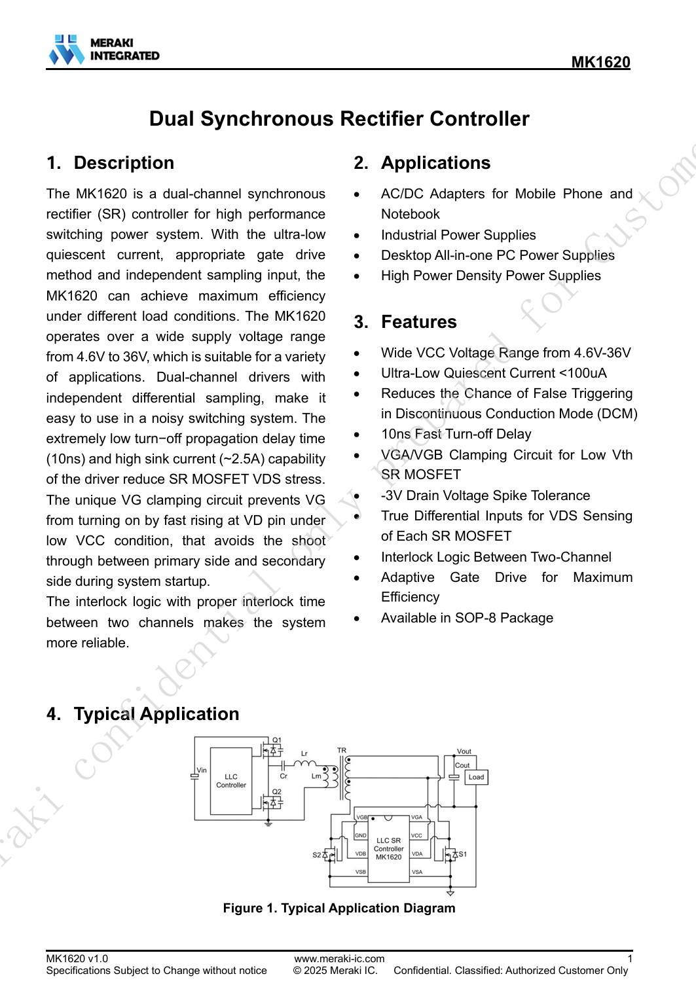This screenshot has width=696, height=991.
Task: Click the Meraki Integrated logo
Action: pyautogui.click(x=103, y=50)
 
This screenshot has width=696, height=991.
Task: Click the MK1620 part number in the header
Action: pyautogui.click(x=600, y=62)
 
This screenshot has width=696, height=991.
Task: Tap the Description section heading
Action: pyautogui.click(x=124, y=162)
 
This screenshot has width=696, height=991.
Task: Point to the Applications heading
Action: pyautogui.click(x=435, y=162)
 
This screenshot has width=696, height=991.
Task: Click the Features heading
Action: pyautogui.click(x=418, y=321)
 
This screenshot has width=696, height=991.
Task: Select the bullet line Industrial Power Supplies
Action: pyautogui.click(x=458, y=235)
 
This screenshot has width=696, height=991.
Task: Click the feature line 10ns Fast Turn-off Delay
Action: pyautogui.click(x=456, y=434)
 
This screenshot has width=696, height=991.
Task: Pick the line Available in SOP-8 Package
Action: pyautogui.click(x=467, y=618)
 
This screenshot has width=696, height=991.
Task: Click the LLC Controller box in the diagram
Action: pyautogui.click(x=231, y=781)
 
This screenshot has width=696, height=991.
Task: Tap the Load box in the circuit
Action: pyautogui.click(x=476, y=777)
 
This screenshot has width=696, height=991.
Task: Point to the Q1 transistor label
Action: pyautogui.click(x=277, y=740)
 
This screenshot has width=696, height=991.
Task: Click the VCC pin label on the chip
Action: pyautogui.click(x=417, y=836)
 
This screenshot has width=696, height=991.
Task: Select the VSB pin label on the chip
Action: pyautogui.click(x=361, y=872)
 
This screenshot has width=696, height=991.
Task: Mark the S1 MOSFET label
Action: pyautogui.click(x=462, y=854)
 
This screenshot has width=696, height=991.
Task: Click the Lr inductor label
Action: pyautogui.click(x=304, y=753)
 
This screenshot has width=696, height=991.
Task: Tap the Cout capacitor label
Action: pyautogui.click(x=462, y=765)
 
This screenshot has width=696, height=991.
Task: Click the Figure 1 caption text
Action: pyautogui.click(x=339, y=908)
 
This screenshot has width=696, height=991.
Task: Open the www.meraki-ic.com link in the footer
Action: pyautogui.click(x=339, y=959)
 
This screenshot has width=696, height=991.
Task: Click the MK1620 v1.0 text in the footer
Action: pyautogui.click(x=77, y=959)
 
